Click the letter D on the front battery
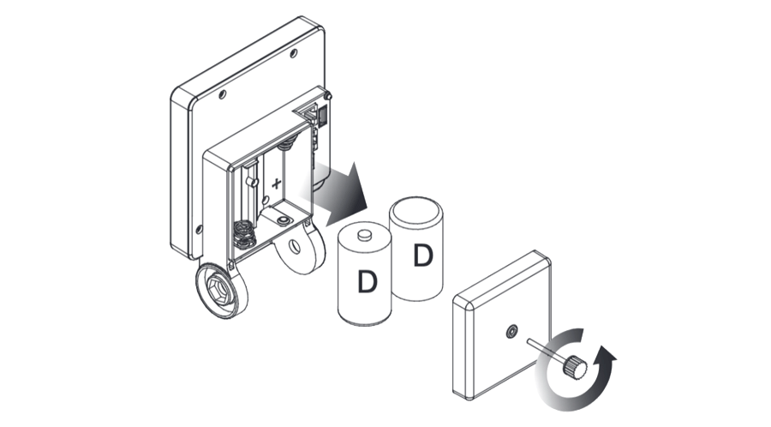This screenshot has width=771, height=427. (x=367, y=282)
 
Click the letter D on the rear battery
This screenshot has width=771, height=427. (x=423, y=255)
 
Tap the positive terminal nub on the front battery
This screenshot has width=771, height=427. (x=364, y=235)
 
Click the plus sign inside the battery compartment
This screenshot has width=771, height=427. (x=277, y=183)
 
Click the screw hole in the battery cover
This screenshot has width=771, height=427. (x=512, y=332)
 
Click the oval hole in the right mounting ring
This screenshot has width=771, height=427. (x=295, y=246)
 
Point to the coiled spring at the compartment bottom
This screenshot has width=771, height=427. (x=243, y=234)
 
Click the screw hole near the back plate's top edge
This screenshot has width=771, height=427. (x=294, y=53)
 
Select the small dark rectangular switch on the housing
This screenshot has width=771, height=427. (x=322, y=117)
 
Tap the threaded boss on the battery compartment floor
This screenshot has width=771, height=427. (x=283, y=220)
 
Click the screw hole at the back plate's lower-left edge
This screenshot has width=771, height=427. (x=199, y=229)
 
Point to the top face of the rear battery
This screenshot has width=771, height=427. (x=416, y=208)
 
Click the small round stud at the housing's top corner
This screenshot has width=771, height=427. (x=328, y=94)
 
